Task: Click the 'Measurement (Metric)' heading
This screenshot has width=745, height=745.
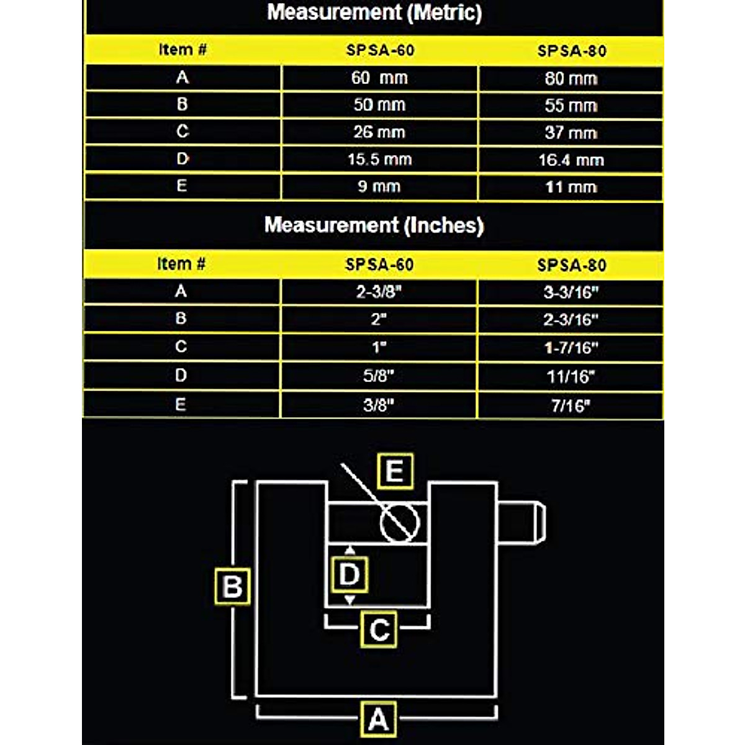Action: pyautogui.click(x=374, y=12)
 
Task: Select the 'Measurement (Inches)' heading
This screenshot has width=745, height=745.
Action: pyautogui.click(x=374, y=225)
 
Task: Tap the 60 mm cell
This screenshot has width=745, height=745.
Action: pyautogui.click(x=379, y=78)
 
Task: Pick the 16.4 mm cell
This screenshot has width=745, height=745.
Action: pyautogui.click(x=571, y=160)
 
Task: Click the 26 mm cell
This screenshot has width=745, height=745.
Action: pyautogui.click(x=379, y=132)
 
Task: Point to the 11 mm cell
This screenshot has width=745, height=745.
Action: pyautogui.click(x=571, y=187)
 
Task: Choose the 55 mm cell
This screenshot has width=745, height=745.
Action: pyautogui.click(x=571, y=106)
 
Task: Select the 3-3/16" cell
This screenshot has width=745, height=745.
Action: pyautogui.click(x=571, y=292)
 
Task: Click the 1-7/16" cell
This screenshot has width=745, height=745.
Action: pyautogui.click(x=571, y=348)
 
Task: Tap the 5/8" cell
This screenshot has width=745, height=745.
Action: pyautogui.click(x=379, y=376)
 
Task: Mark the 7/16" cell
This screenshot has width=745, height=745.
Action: pyautogui.click(x=571, y=405)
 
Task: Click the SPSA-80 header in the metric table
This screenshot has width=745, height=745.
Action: pyautogui.click(x=571, y=51)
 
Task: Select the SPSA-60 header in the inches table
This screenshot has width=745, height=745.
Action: pyautogui.click(x=379, y=264)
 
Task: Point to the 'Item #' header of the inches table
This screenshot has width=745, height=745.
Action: pyautogui.click(x=181, y=264)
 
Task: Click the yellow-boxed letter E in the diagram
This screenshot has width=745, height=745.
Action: pyautogui.click(x=395, y=471)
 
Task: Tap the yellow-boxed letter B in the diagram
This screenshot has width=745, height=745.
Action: pyautogui.click(x=232, y=586)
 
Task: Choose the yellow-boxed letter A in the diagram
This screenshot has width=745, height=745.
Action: pyautogui.click(x=378, y=720)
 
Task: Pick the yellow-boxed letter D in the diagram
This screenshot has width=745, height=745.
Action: pyautogui.click(x=350, y=574)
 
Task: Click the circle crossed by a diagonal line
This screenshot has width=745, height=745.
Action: pyautogui.click(x=400, y=522)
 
